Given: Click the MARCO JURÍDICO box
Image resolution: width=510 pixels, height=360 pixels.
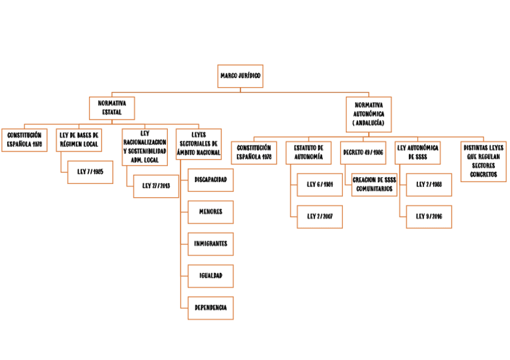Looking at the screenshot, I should coord(241,76).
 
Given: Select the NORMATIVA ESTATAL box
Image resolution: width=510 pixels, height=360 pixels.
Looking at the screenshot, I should coord(112,108).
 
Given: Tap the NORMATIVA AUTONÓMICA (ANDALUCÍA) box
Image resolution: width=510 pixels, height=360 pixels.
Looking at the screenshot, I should coord(369,114).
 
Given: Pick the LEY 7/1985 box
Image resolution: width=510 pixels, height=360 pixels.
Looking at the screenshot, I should coord(90,172).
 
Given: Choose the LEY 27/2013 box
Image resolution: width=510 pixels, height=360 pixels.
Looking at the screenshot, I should coord(156,186).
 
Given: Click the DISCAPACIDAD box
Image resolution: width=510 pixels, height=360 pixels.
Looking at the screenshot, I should coord(210,180).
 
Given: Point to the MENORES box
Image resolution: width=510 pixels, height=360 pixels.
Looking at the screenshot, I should coord(210,212).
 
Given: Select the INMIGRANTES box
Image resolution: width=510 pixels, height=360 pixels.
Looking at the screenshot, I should coord(210,244).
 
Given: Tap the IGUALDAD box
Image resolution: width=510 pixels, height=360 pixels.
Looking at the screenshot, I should coord(210,276).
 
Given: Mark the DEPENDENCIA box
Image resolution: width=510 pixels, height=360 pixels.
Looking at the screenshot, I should coord(210,308).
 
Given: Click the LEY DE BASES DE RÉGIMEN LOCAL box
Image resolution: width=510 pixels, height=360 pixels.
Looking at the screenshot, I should coord(79,140).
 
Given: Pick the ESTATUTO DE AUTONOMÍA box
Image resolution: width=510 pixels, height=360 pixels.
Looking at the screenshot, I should coord(309,153).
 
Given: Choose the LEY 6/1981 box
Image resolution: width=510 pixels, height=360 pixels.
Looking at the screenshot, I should coord(320,185).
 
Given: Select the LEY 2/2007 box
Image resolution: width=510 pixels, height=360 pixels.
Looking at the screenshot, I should coord(320,216).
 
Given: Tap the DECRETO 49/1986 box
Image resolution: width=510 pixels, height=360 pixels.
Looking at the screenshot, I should coord(363,153).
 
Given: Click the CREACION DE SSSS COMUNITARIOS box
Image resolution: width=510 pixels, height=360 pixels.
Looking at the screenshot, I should coord(374,185).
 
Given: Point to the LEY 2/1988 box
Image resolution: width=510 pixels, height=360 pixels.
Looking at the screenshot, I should coord(429,185).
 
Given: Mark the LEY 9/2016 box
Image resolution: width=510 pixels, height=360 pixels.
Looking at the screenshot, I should coord(429,216).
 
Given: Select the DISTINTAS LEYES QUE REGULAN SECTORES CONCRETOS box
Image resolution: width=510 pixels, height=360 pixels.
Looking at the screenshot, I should coord(484,161).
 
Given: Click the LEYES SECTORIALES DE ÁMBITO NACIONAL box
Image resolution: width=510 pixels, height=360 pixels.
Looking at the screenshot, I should coord(198,145).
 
